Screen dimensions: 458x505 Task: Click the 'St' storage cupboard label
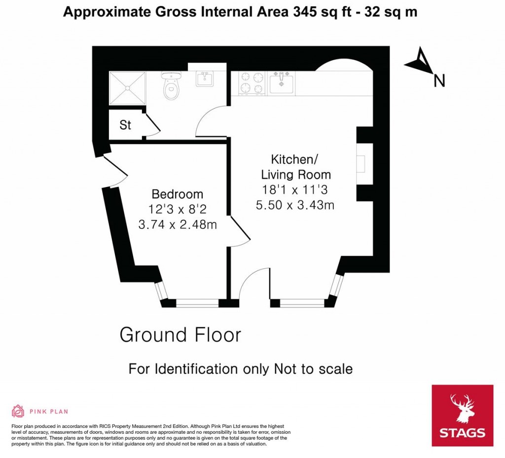125,125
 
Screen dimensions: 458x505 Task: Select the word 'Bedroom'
177,194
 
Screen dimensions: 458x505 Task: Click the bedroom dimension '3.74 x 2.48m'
178,225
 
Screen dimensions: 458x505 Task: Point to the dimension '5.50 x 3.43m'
295,205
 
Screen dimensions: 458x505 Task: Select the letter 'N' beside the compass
439,80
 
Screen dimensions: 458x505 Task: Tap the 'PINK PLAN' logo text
49,411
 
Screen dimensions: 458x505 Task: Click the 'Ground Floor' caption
180,335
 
